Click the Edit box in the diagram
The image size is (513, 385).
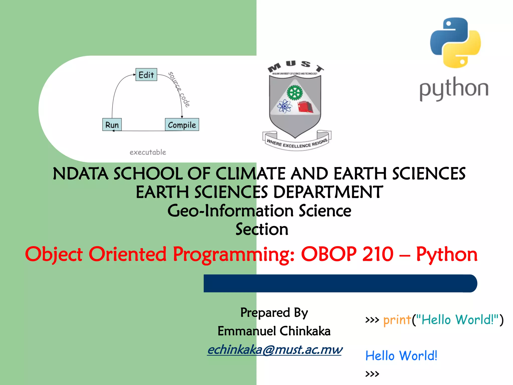click(x=146, y=74)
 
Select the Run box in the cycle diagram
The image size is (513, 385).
click(x=112, y=125)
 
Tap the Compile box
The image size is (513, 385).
click(x=182, y=125)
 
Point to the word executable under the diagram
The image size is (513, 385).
click(x=148, y=152)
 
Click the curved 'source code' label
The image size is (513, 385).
click(x=179, y=89)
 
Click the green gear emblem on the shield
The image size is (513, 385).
click(x=295, y=92)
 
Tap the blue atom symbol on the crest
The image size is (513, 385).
click(x=284, y=106)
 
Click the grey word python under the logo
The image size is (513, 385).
click(x=454, y=89)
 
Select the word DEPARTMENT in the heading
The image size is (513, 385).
click(x=328, y=192)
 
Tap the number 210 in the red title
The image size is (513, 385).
click(x=378, y=254)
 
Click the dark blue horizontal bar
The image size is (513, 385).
click(x=340, y=283)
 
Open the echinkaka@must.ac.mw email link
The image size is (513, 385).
click(x=275, y=350)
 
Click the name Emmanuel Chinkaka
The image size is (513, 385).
click(x=274, y=331)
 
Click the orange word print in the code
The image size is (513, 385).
click(x=397, y=320)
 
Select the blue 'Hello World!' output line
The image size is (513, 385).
click(x=401, y=356)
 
